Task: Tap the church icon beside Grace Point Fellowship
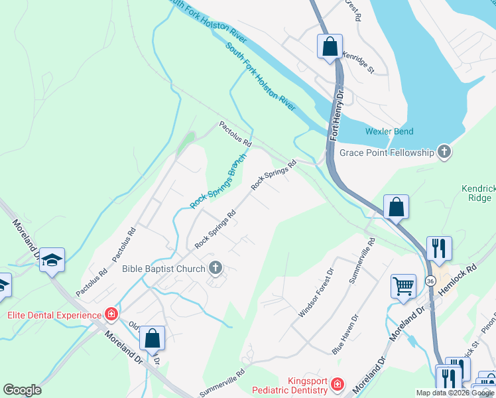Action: [x=444, y=153]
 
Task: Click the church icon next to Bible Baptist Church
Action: [x=215, y=269]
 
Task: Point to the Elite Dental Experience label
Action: [x=54, y=314]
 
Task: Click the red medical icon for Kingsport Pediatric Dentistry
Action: [x=338, y=385]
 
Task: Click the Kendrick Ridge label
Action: [x=477, y=193]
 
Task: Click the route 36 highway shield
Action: [x=430, y=281]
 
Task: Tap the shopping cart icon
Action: [x=403, y=286]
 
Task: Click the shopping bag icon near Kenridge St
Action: [x=330, y=46]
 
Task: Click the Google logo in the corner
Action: [x=22, y=390]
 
